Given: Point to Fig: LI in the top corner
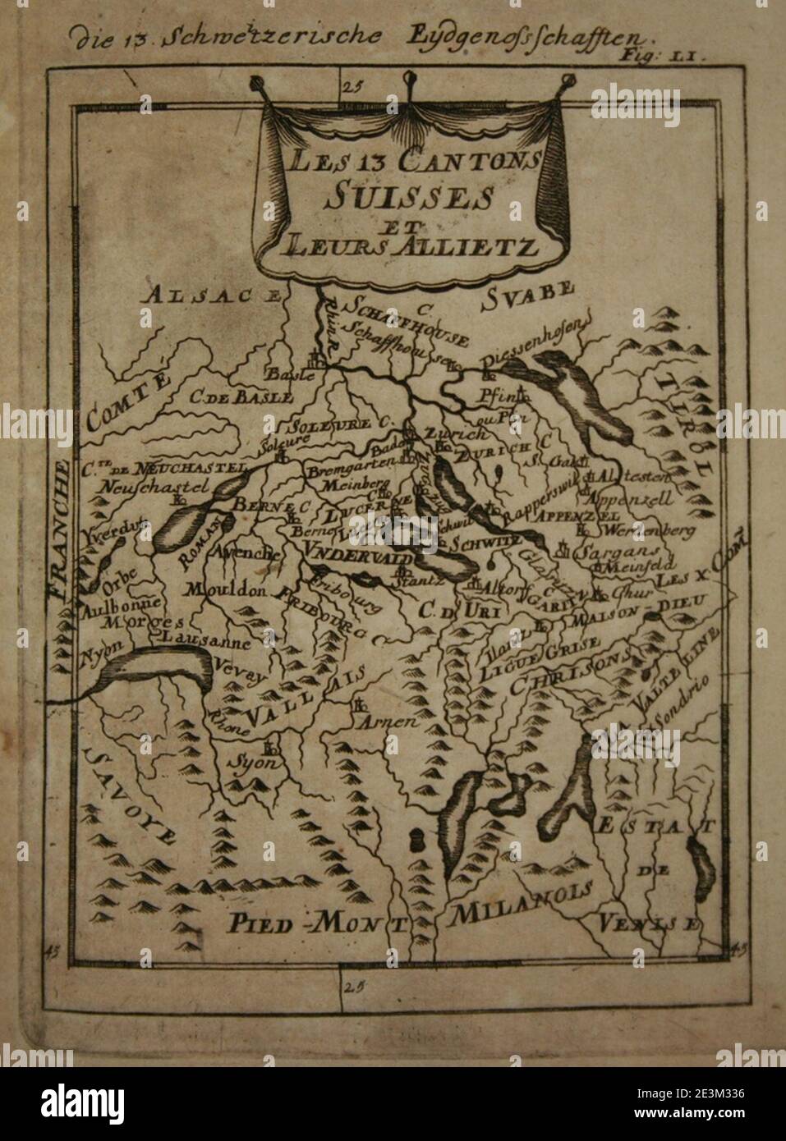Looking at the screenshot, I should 659,56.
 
